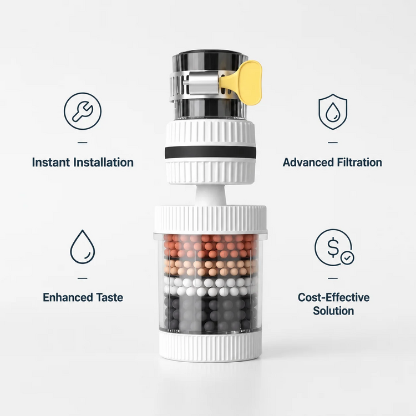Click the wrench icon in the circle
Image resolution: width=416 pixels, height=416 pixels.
coord(83,111)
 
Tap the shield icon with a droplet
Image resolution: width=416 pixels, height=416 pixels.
coord(333,111)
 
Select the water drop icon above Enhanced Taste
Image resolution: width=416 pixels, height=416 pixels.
coord(83,247)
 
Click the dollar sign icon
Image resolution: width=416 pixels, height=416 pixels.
coord(333,247)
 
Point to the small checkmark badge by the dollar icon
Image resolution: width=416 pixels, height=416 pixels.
coord(347,257)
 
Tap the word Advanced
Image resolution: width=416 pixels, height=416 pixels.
coord(308,163)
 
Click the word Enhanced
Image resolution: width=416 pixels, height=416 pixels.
coord(68,297)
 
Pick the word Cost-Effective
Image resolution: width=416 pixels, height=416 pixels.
coord(333,297)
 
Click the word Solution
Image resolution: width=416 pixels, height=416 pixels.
coord(333,311)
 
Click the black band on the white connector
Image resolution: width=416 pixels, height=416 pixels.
coord(210,152)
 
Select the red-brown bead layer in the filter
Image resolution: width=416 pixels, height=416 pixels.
coord(211,246)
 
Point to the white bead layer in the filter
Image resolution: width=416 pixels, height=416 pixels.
coord(211,287)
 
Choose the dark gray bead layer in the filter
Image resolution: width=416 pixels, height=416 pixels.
coord(211,314)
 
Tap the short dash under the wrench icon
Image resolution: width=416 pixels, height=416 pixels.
coord(83,143)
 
